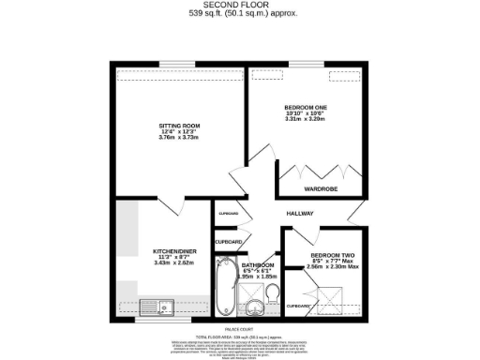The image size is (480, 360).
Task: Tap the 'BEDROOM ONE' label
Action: click(304, 108)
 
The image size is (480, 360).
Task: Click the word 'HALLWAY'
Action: click(300, 214)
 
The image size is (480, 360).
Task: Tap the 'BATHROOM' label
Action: click(259, 265)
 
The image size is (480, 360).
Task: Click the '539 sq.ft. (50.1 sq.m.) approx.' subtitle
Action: click(239, 15)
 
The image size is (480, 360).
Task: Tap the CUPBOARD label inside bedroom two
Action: click(297, 307)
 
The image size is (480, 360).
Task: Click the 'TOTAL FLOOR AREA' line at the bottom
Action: click(239, 335)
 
